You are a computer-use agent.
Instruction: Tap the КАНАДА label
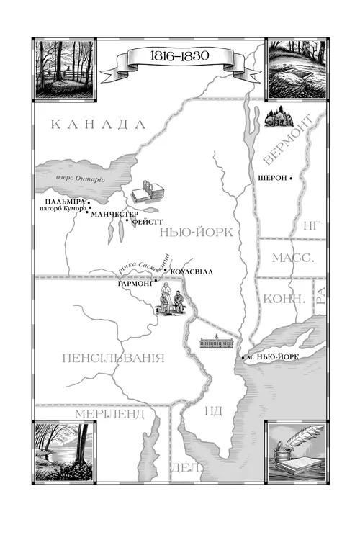pyautogui.click(x=99, y=124)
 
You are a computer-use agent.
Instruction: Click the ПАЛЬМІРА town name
pyautogui.click(x=65, y=201)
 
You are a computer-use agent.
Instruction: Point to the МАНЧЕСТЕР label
pyautogui.click(x=115, y=214)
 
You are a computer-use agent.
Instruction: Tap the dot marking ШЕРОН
pyautogui.click(x=292, y=179)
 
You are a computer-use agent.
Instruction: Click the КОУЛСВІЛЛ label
pyautogui.click(x=194, y=271)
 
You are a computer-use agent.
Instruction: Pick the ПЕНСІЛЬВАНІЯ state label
pyautogui.click(x=114, y=358)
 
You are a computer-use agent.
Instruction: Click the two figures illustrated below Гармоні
pyautogui.click(x=171, y=299)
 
